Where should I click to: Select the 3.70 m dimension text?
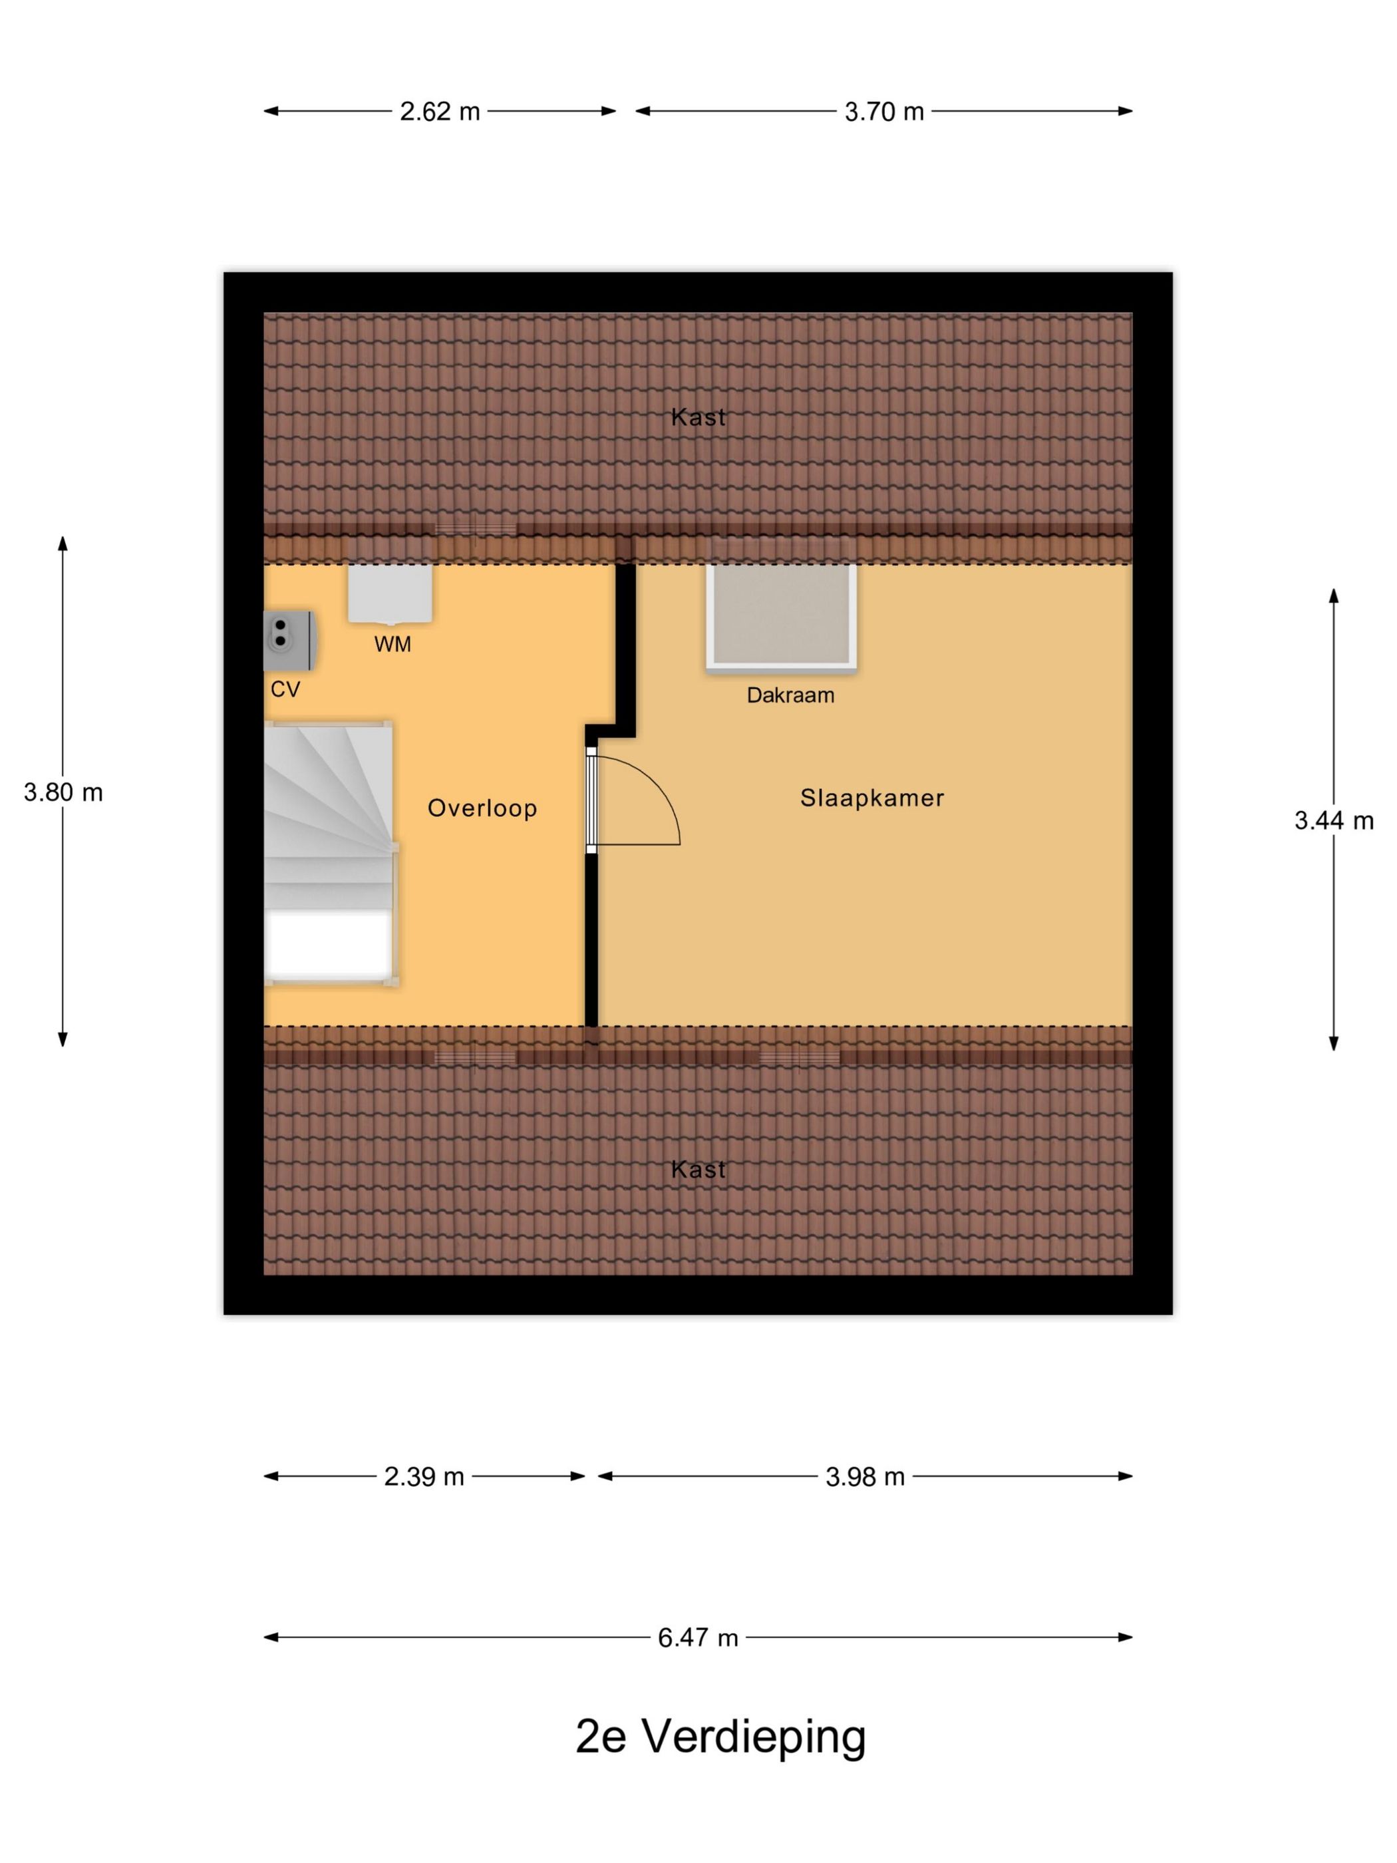pyautogui.click(x=883, y=111)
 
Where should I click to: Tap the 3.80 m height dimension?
pyautogui.click(x=63, y=792)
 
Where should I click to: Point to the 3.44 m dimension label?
pyautogui.click(x=1333, y=820)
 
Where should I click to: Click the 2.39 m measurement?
pyautogui.click(x=424, y=1476)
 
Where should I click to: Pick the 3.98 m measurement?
pyautogui.click(x=865, y=1476)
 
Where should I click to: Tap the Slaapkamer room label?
pyautogui.click(x=871, y=798)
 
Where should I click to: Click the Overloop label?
pyautogui.click(x=482, y=808)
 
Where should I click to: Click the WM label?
pyautogui.click(x=392, y=644)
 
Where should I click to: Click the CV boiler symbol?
pyautogui.click(x=289, y=641)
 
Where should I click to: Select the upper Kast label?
pyautogui.click(x=698, y=417)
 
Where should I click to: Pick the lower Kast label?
pyautogui.click(x=698, y=1169)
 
